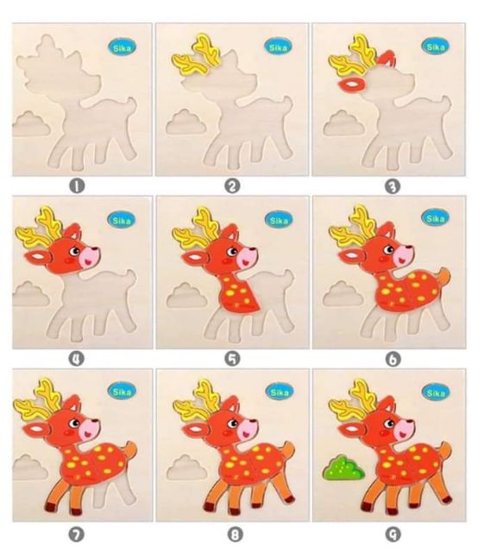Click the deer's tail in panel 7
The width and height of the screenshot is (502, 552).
(128, 451)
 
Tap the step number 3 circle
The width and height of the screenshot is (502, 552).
(390, 185)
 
